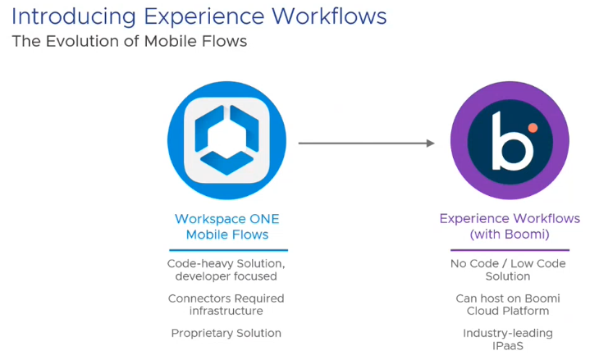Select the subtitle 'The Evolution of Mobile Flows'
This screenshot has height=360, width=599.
(x=129, y=42)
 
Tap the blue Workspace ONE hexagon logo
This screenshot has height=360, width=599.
(x=226, y=140)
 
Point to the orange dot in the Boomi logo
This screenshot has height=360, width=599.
(x=533, y=127)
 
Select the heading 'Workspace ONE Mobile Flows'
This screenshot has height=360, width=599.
(x=227, y=226)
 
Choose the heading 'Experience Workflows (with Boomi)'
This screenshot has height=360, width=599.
(x=510, y=226)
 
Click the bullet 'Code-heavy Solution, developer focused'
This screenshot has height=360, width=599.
(x=226, y=270)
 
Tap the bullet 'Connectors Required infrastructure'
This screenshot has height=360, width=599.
(x=226, y=304)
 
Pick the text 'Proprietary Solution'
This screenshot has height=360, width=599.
(x=226, y=333)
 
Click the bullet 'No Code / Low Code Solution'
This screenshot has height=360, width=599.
(x=508, y=270)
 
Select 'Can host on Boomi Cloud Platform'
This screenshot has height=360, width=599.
(x=508, y=304)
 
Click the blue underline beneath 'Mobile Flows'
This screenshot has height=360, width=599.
(x=228, y=249)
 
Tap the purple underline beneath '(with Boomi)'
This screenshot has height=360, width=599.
(x=509, y=249)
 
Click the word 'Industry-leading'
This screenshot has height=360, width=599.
(x=508, y=333)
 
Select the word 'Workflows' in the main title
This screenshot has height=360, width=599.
(x=327, y=16)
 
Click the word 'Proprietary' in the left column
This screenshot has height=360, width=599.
(x=201, y=333)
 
